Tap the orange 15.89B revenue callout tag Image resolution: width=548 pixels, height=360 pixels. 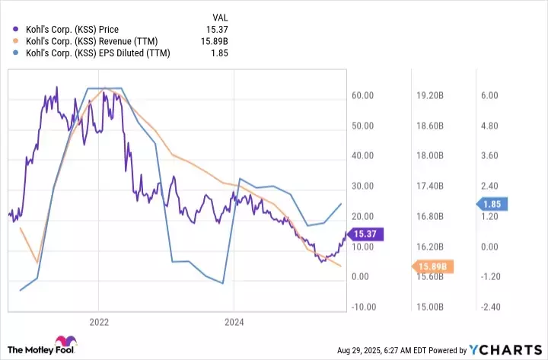(433, 266)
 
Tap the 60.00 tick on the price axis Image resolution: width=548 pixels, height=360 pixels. (364, 95)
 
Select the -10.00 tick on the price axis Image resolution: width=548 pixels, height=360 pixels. (362, 307)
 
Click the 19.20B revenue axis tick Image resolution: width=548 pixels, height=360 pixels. (430, 95)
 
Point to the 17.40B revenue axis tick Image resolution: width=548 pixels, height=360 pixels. (430, 186)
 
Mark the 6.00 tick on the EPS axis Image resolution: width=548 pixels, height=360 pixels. (491, 95)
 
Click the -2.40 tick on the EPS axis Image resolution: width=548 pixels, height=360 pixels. (489, 307)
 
